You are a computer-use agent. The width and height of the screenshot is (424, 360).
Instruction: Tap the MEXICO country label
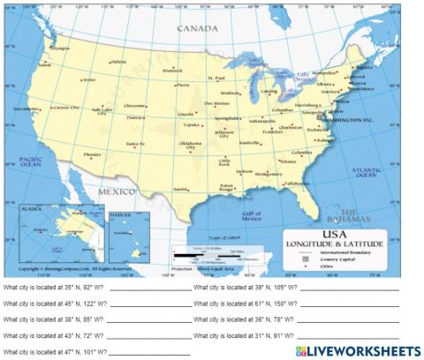pyautogui.click(x=116, y=191)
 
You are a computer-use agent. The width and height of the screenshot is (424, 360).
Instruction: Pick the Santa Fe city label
pyautogui.click(x=135, y=143)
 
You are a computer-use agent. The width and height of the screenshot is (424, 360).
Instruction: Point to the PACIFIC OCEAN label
pyautogui.click(x=30, y=162)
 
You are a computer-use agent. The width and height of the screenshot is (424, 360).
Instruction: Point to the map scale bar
pyautogui.click(x=199, y=253)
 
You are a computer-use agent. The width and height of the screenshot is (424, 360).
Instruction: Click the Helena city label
pyautogui.click(x=118, y=63)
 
